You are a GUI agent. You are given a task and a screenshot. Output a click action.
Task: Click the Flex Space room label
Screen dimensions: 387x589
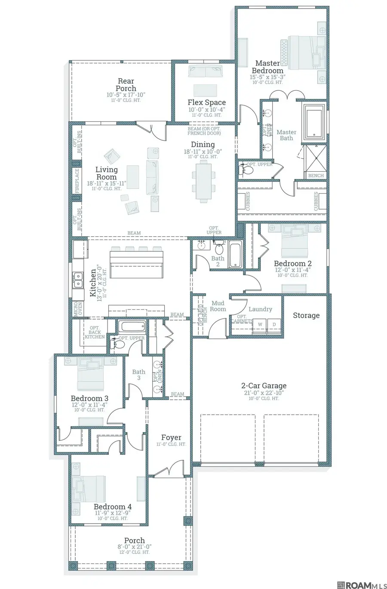(206, 102)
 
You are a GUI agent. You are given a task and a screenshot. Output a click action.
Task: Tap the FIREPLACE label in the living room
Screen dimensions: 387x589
(77, 181)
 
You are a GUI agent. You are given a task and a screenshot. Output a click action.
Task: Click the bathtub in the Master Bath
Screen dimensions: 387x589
(314, 123)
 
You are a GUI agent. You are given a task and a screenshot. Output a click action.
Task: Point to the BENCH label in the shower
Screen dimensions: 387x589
(316, 176)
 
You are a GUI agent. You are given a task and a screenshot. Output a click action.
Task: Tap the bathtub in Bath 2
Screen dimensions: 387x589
(235, 254)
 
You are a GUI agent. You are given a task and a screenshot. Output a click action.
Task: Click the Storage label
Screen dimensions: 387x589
(306, 315)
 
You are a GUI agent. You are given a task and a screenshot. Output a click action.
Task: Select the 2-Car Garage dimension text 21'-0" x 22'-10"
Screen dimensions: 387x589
(264, 393)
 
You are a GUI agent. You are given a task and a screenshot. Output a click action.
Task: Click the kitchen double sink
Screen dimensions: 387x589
(78, 280)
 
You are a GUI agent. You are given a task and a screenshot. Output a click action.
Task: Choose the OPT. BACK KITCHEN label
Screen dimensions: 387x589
(95, 333)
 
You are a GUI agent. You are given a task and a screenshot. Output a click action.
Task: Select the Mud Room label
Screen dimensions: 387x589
(218, 306)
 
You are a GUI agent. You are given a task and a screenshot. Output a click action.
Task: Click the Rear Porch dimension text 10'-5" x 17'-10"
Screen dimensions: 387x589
(126, 95)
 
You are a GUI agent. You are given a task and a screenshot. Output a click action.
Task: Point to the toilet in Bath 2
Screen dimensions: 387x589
(218, 247)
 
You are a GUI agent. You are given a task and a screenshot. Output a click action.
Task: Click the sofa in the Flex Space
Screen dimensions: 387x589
(205, 71)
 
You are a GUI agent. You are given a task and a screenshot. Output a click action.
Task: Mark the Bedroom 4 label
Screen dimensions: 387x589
(113, 506)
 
